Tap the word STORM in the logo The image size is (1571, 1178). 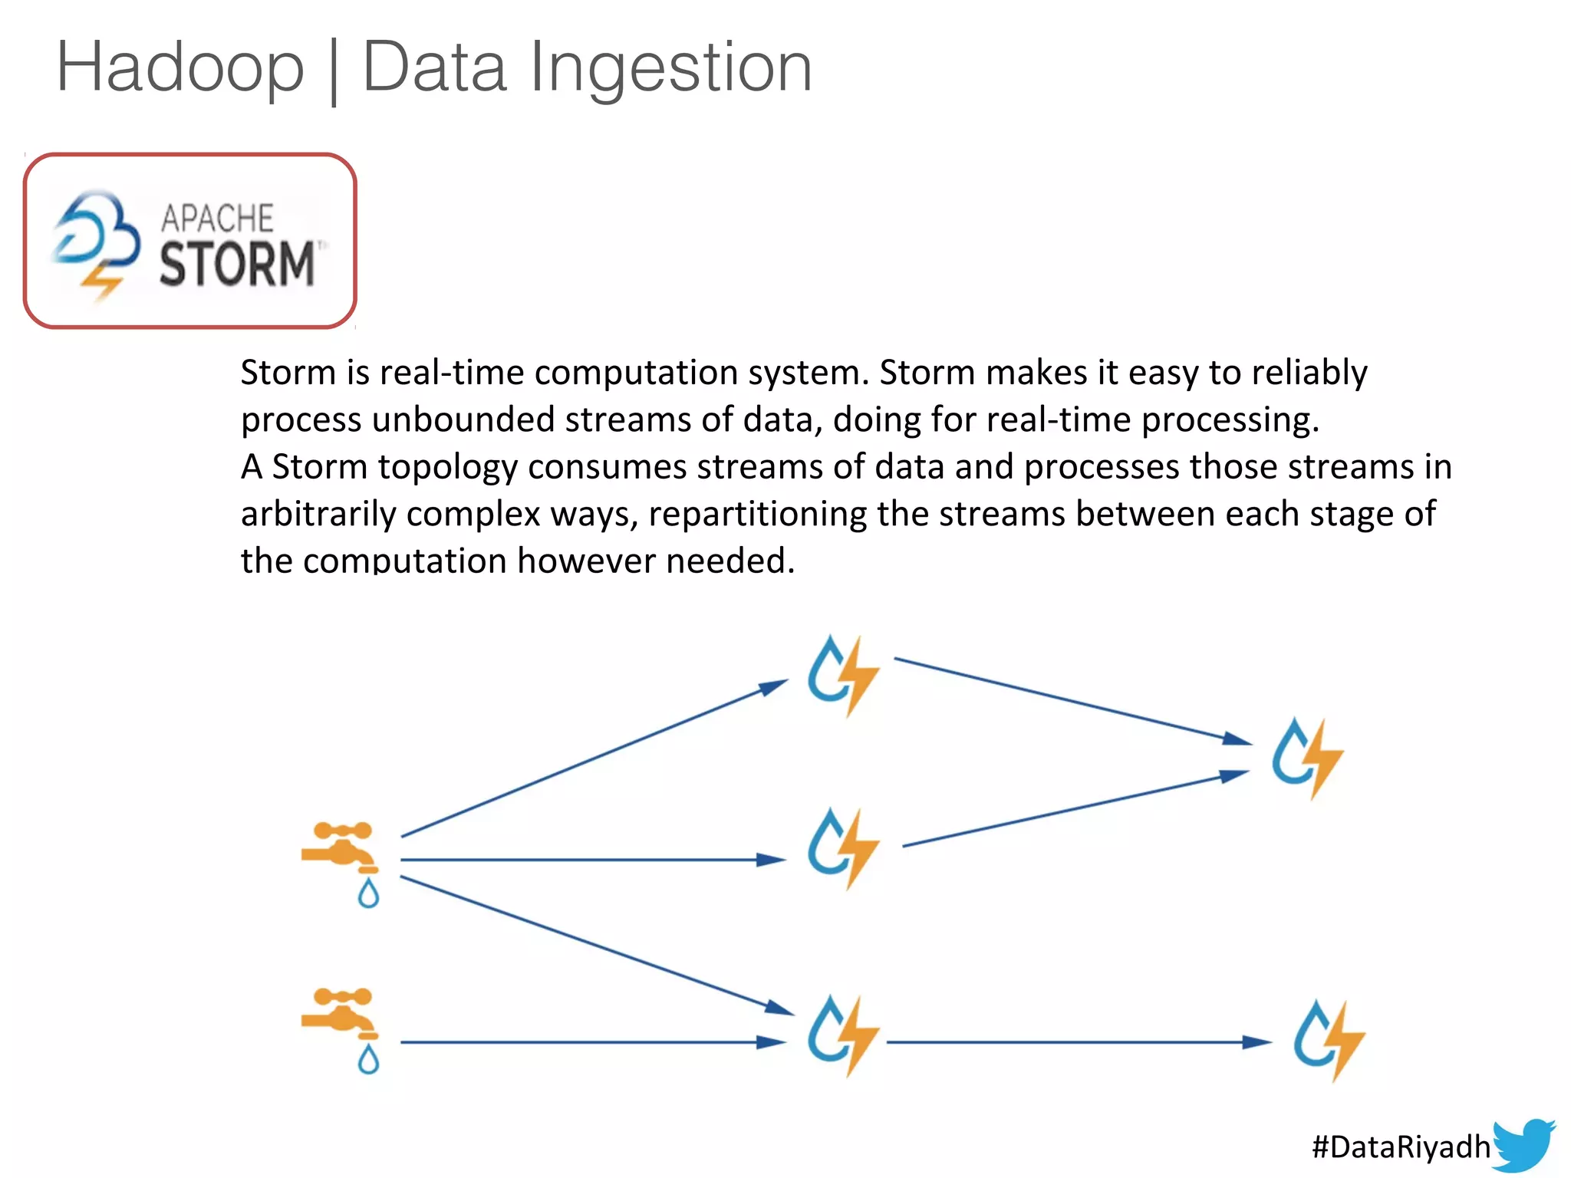[x=237, y=264]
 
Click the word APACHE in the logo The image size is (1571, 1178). [x=217, y=219]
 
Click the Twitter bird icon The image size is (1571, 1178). [x=1523, y=1145]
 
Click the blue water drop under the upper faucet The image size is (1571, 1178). [x=369, y=894]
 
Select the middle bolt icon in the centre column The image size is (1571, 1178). [x=842, y=848]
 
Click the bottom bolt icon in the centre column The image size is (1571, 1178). [x=842, y=1036]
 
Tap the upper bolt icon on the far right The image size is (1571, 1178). [x=1307, y=758]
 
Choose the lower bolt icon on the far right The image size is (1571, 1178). [x=1329, y=1040]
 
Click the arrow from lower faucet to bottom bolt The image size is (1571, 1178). [x=591, y=1042]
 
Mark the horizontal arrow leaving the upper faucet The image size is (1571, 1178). [x=591, y=860]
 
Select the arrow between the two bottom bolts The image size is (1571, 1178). [x=1074, y=1042]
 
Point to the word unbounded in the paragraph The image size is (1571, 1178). [x=463, y=420]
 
